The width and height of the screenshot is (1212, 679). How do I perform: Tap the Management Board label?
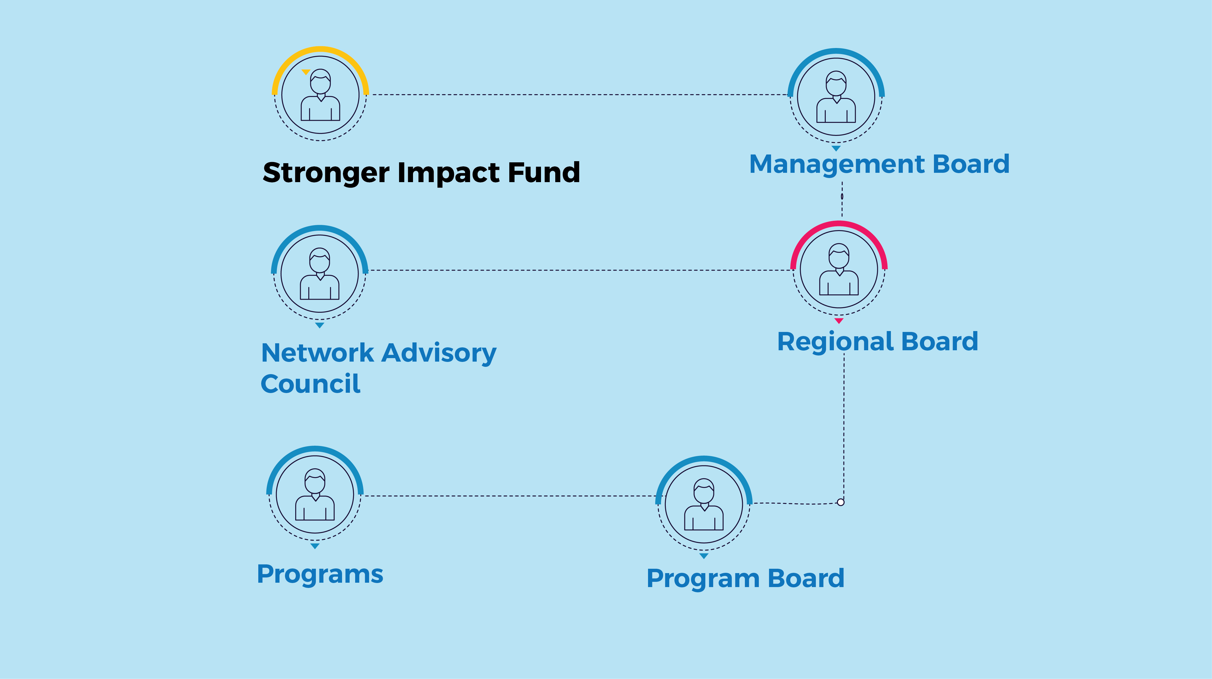[879, 164]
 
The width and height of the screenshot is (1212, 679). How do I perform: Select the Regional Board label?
[878, 341]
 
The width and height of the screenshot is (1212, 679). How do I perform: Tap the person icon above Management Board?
[836, 97]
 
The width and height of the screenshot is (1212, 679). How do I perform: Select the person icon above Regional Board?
[839, 269]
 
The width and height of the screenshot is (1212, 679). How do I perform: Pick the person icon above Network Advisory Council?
[319, 273]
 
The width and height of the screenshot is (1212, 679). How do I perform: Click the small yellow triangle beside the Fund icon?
[306, 72]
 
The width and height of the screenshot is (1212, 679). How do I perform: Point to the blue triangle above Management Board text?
[836, 148]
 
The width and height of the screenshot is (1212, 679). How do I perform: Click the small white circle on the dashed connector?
[841, 502]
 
